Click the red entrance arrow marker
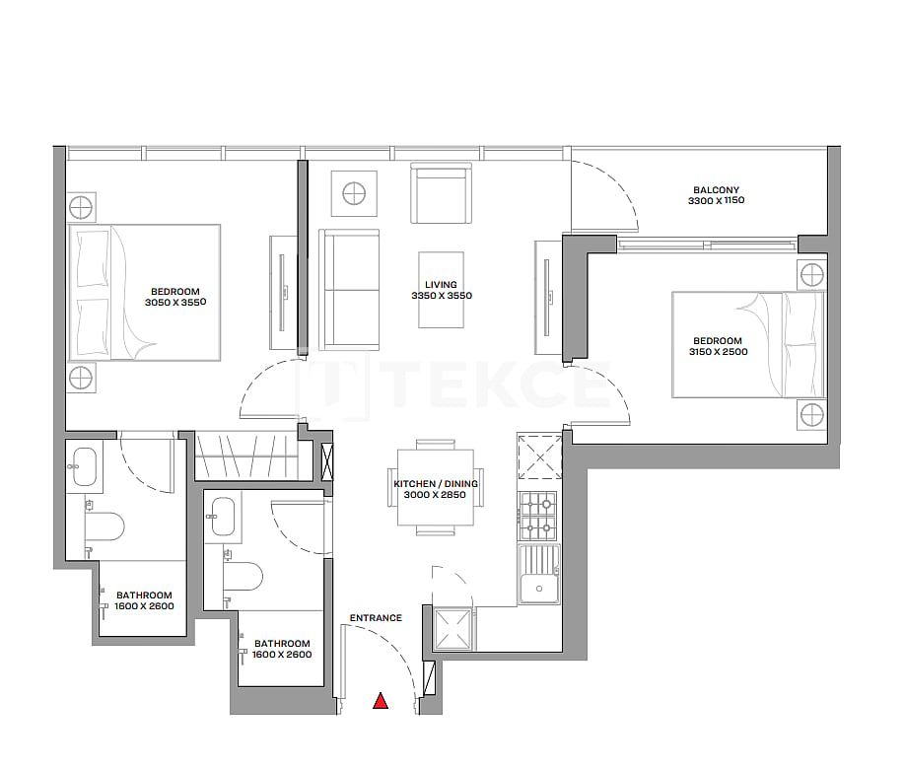(381, 702)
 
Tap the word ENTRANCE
(376, 618)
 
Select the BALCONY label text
(716, 190)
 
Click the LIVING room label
(441, 284)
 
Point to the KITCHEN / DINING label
(435, 484)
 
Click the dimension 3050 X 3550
(174, 303)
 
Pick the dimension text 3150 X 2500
(717, 351)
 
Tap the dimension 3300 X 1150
(716, 201)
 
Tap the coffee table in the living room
(442, 289)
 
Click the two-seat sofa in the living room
(348, 289)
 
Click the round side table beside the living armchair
(353, 193)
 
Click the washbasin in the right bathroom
(223, 517)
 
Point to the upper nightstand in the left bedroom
(82, 208)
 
